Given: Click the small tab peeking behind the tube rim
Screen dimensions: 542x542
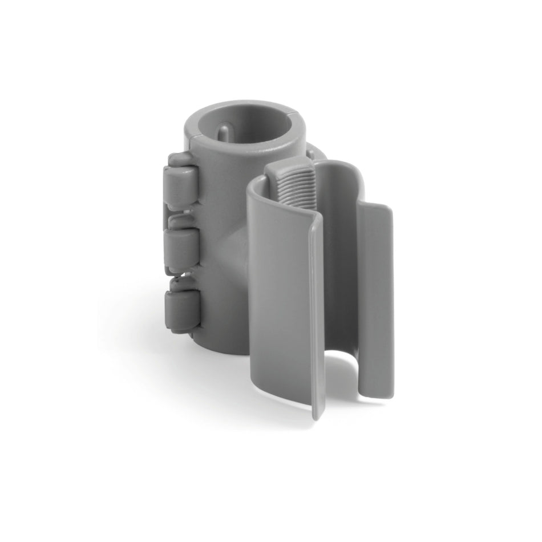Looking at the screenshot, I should (x=313, y=152).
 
